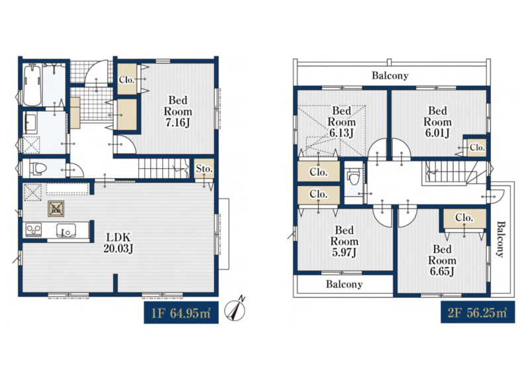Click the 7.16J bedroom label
pos(178,111)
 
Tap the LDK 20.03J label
pos(119,242)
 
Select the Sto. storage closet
pos(204,168)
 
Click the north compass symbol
pos(236,309)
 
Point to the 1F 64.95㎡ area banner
pos(181,313)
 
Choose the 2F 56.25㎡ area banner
pos(478,312)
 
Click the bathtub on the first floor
pos(32,85)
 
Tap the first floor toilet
pos(38,168)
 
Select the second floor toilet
pos(354,177)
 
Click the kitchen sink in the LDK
pos(66,230)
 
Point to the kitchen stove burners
pos(34,230)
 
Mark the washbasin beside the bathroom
pos(30,123)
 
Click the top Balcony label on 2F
pos(390,75)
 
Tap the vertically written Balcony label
pos(501,239)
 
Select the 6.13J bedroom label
pos(341,122)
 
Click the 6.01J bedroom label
pos(437,122)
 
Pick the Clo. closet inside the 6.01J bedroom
pos(476,148)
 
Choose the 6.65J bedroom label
pos(442,260)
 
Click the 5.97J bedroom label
pos(344,241)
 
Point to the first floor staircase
pos(164,168)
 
